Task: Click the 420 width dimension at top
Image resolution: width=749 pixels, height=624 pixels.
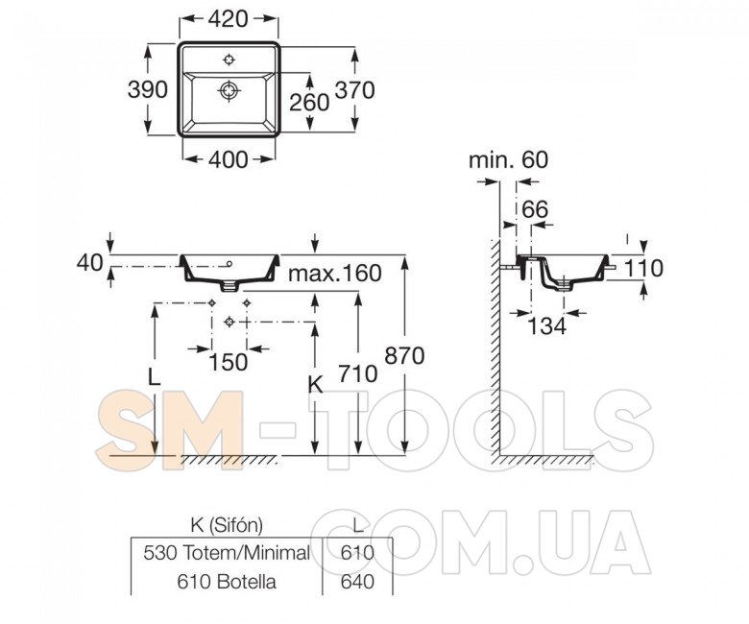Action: (x=228, y=18)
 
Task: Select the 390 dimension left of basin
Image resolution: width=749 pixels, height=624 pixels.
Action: (x=148, y=89)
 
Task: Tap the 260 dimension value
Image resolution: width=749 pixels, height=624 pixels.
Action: (x=309, y=102)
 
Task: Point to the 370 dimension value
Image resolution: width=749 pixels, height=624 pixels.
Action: (x=355, y=90)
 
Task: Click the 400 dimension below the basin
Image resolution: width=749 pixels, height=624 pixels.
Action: (x=229, y=159)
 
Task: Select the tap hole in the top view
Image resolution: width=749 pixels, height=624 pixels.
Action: (x=230, y=60)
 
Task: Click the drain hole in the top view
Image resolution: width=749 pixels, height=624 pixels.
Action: (x=230, y=90)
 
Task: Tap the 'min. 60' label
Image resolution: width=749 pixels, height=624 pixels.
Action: (x=509, y=160)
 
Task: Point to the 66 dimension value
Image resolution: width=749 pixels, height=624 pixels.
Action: (x=535, y=209)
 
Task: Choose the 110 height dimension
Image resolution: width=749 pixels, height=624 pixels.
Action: (x=644, y=268)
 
